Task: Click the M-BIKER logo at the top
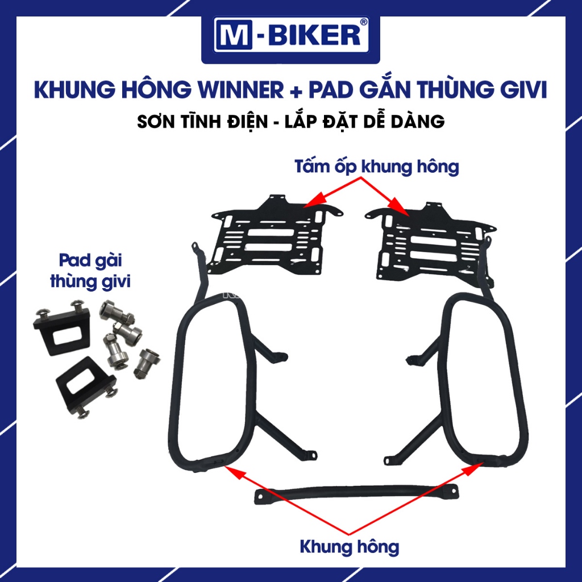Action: [x=290, y=35]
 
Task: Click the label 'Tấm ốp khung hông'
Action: [x=377, y=167]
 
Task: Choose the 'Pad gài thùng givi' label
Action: [x=90, y=271]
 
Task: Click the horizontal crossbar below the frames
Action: [x=356, y=493]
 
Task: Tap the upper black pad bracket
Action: [x=63, y=327]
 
